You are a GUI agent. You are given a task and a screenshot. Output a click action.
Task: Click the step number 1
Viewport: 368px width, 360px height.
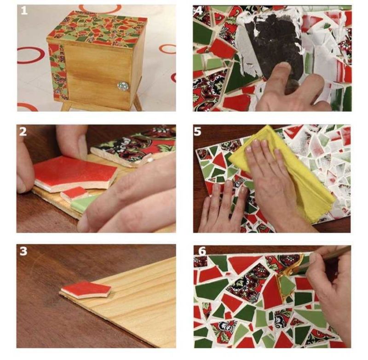24,11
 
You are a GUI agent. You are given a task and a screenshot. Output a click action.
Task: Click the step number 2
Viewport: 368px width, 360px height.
23,131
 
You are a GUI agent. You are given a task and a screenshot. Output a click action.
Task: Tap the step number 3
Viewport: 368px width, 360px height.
23,251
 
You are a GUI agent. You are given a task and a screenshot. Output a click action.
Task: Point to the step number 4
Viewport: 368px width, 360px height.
199,11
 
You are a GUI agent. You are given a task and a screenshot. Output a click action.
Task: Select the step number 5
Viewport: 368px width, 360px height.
198,131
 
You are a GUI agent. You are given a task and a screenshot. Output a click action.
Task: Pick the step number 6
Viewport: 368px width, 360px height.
202,251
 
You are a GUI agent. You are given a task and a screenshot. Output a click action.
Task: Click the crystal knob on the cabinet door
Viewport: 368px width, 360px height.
121,85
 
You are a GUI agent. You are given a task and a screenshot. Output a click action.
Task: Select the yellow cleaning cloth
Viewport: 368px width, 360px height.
282,173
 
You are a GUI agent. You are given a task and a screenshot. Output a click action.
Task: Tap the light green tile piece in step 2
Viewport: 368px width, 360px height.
85,202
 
